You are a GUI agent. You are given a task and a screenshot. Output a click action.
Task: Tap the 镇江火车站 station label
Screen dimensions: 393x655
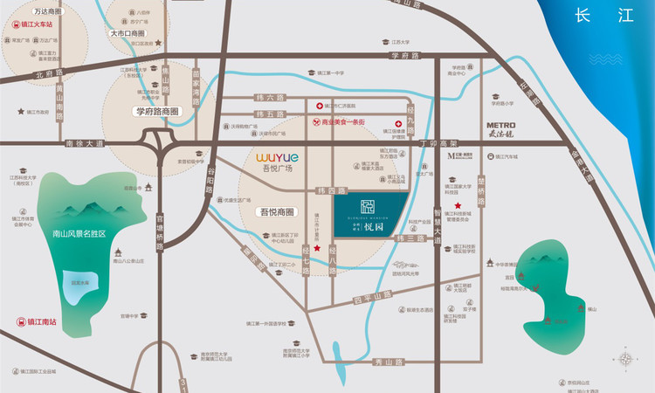tap(32, 25)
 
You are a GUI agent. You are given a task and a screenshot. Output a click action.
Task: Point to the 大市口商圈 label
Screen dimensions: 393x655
tap(128, 32)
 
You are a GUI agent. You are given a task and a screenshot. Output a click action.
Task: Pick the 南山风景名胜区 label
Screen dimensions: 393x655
tap(78, 234)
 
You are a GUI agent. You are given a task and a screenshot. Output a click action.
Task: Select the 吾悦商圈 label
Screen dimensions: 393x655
tap(278, 212)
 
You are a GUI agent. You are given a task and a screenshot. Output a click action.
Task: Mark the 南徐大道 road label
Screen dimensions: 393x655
tap(86, 142)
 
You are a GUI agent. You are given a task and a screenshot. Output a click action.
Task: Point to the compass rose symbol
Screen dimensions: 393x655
tap(626, 359)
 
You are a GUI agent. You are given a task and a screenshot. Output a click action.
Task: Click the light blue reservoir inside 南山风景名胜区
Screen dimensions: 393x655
tap(79, 282)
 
